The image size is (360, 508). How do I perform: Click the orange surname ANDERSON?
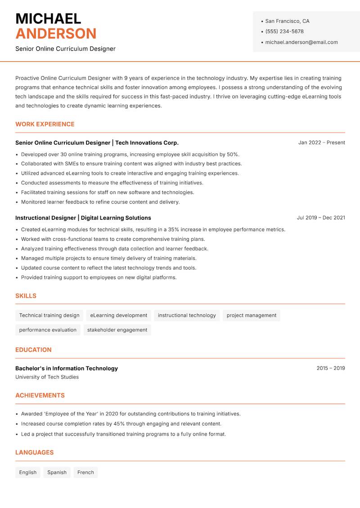point(56,34)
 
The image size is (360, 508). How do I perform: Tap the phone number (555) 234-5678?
point(284,31)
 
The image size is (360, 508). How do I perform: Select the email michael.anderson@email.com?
point(301,42)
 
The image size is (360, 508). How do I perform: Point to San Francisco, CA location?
point(287,21)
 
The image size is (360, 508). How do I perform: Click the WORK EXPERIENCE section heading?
point(45,124)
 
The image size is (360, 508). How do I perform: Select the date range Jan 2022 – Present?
point(321,143)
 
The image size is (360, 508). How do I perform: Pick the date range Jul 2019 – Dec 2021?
point(320,218)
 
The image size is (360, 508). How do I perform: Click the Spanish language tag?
point(57,472)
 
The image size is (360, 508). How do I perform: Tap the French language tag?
point(85,472)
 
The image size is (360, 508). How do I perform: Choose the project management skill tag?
point(251,316)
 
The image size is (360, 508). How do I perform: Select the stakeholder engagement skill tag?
point(117,330)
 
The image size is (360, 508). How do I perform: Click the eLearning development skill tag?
point(119,316)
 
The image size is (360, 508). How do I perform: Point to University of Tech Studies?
point(47,377)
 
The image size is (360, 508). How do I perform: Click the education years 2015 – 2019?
point(330,368)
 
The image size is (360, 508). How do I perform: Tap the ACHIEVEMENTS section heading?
point(40,396)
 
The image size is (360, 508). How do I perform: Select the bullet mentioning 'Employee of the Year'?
point(130,414)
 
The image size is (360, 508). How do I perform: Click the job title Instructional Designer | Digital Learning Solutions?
point(83,218)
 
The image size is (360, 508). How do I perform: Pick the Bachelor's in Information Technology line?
point(67,368)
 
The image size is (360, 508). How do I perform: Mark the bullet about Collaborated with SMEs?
point(131,164)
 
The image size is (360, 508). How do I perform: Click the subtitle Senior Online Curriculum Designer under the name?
point(65,49)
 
